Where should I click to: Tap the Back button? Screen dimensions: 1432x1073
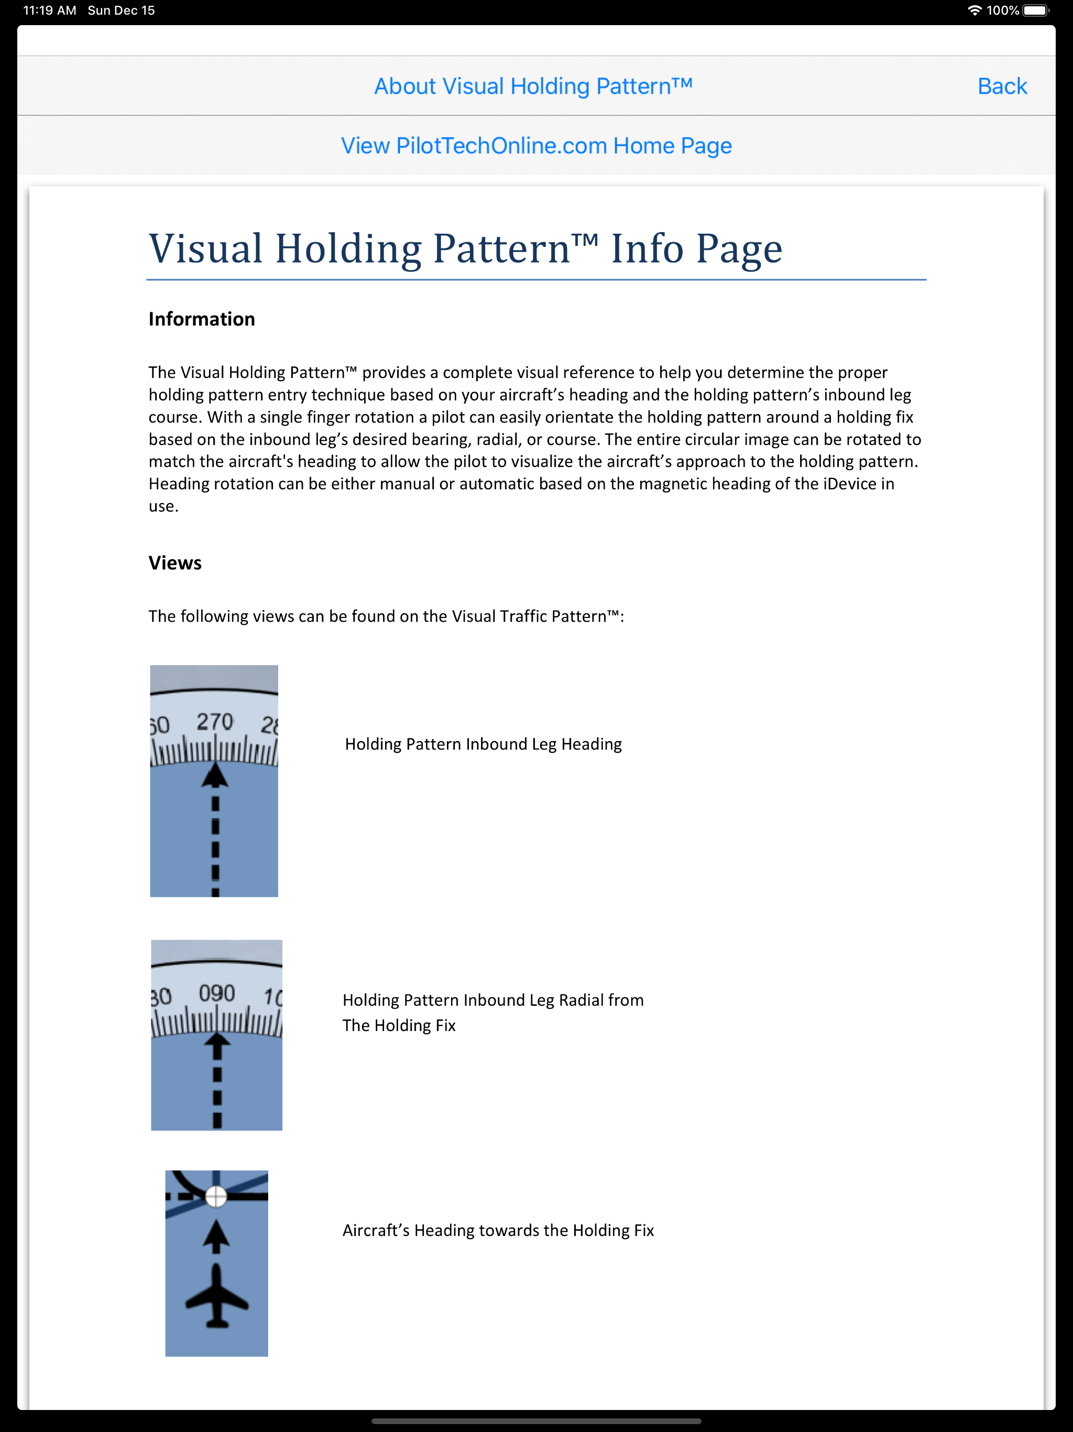[x=1002, y=86]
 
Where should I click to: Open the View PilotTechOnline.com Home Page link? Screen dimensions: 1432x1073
[x=536, y=146]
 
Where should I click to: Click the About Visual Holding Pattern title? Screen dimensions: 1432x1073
[x=533, y=86]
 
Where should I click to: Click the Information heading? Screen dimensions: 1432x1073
[x=201, y=319]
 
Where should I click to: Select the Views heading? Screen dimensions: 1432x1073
[x=175, y=562]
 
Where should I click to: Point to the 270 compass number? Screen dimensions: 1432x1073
[x=215, y=721]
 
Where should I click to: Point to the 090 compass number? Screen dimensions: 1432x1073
[x=217, y=992]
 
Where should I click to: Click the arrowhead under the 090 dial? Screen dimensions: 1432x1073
[x=217, y=1044]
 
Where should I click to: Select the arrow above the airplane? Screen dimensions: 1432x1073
[x=216, y=1236]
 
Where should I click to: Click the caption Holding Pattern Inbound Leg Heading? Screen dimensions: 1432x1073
[x=483, y=744]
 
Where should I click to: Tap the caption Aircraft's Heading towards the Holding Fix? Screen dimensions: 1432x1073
[x=498, y=1230]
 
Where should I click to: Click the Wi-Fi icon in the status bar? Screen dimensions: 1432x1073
[x=974, y=10]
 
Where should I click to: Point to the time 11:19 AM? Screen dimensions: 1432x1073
[x=50, y=10]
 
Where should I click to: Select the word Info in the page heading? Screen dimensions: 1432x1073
[x=647, y=248]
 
